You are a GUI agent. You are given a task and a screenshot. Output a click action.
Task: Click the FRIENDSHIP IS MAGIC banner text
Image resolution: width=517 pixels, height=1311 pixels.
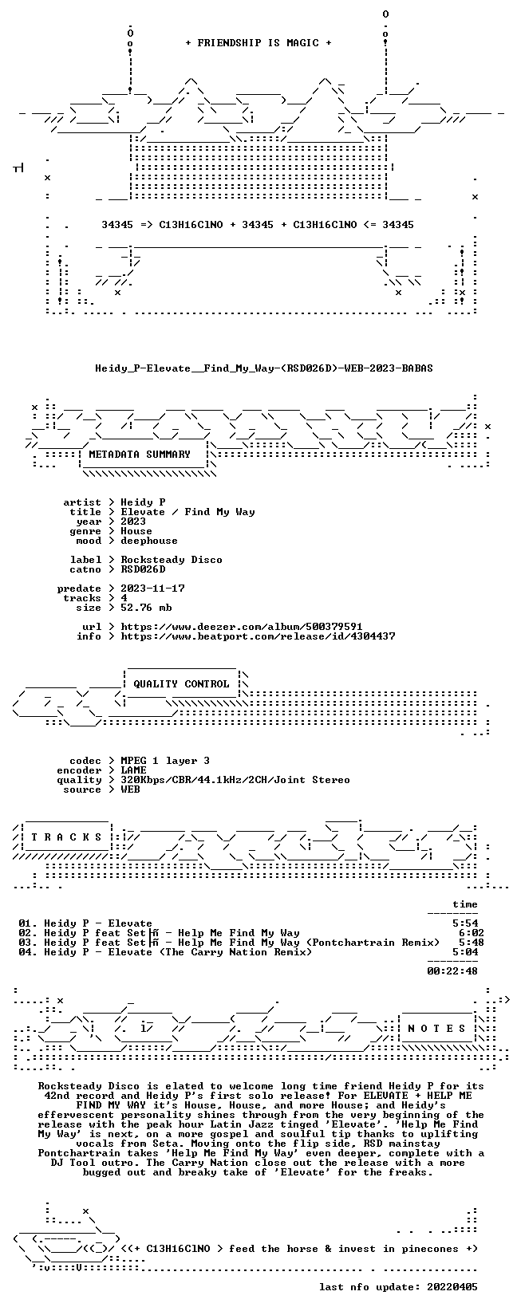(258, 43)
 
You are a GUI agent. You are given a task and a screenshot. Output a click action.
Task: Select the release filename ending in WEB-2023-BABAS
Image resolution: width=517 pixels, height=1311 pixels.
(264, 368)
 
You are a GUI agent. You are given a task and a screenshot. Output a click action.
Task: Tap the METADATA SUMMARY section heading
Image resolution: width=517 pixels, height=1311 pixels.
(140, 455)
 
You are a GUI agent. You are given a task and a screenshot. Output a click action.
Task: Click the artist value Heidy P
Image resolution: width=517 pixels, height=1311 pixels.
(143, 502)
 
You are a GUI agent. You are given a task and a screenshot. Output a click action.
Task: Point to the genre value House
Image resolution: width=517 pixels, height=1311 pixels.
(136, 531)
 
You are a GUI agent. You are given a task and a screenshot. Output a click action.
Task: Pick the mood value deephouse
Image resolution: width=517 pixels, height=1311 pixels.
(149, 541)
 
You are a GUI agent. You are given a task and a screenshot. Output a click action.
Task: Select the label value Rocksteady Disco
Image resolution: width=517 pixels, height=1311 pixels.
(172, 560)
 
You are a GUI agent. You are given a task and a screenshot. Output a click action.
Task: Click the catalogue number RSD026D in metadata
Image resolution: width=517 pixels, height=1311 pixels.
(143, 569)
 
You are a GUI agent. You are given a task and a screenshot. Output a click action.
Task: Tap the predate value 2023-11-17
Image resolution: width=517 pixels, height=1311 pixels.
(152, 589)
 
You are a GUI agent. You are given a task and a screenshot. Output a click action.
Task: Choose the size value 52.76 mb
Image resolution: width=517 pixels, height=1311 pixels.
(146, 608)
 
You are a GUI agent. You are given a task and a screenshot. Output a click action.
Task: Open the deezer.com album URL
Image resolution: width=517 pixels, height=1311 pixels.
(242, 627)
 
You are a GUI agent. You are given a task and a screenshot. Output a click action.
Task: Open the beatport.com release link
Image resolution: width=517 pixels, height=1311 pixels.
(258, 636)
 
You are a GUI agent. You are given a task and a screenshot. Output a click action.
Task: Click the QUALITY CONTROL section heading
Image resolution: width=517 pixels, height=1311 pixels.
(181, 684)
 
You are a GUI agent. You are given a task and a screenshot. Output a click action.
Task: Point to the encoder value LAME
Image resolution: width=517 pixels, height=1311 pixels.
(133, 770)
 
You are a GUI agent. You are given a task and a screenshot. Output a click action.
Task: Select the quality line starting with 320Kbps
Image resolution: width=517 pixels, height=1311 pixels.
(235, 780)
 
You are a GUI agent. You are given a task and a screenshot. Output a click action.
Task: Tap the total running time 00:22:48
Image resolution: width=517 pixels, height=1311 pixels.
(452, 971)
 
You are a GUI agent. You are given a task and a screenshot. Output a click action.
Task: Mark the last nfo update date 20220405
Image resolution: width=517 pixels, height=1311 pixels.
(452, 1287)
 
